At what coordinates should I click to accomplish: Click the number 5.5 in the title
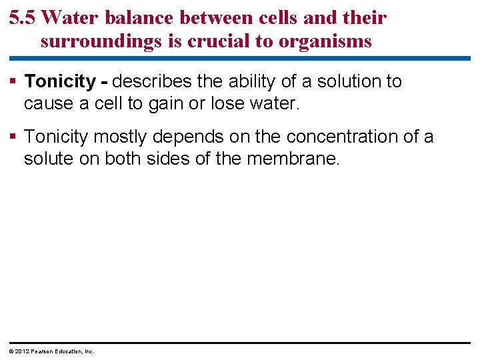(x=24, y=18)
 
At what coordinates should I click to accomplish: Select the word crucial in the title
(x=217, y=41)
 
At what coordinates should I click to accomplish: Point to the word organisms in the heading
(x=325, y=41)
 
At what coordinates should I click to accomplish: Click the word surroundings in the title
(x=101, y=41)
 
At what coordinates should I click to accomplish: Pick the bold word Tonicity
(x=60, y=82)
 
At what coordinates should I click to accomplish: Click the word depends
(x=188, y=137)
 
